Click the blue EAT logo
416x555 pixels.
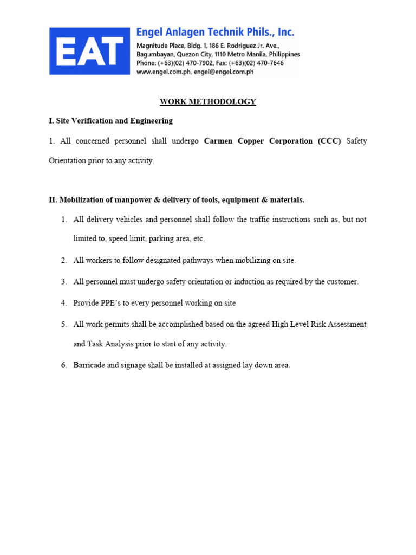[x=90, y=51]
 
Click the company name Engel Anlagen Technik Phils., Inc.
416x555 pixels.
[x=215, y=33]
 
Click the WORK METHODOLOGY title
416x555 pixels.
[x=207, y=101]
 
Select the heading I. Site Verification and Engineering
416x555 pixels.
[x=110, y=120]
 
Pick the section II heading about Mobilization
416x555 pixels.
[x=177, y=200]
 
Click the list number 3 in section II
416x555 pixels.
[x=64, y=282]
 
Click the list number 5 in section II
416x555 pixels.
[x=64, y=324]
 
